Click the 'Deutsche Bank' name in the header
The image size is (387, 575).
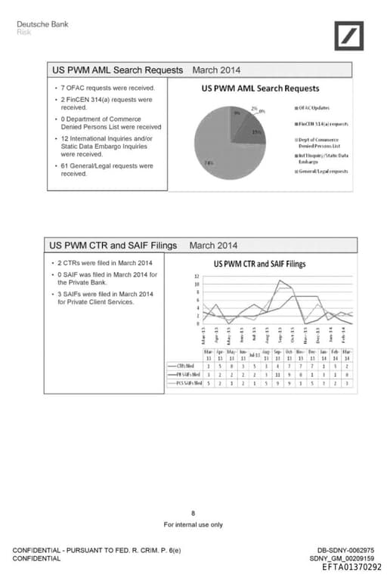tap(42, 24)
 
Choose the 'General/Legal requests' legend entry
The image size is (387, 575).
tap(322, 172)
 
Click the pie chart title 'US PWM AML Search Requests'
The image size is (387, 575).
tap(260, 88)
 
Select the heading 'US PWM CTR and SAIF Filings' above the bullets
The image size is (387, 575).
tap(113, 246)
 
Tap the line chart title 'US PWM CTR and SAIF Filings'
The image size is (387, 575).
tap(260, 264)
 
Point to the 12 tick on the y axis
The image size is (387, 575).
tap(197, 277)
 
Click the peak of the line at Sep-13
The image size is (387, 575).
tap(280, 280)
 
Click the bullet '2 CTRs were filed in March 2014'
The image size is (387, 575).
tap(105, 263)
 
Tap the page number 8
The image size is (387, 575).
tap(193, 513)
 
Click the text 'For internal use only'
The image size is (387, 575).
tap(193, 524)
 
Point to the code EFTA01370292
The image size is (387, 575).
tap(351, 567)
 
